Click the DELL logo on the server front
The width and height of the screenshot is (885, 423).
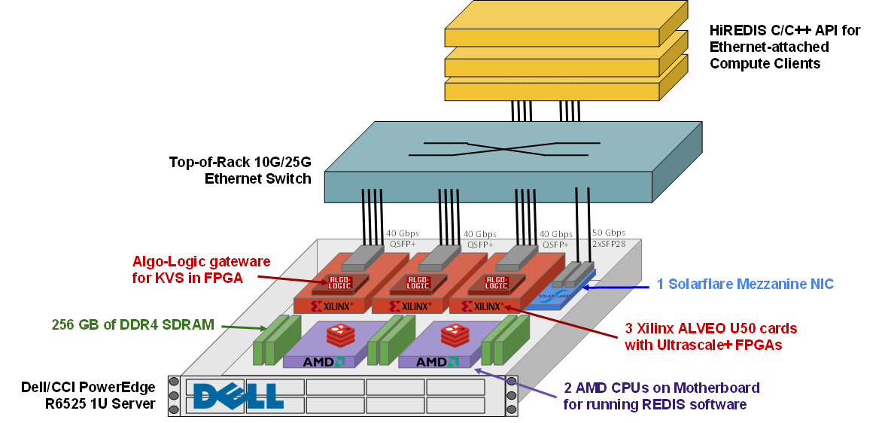(238, 395)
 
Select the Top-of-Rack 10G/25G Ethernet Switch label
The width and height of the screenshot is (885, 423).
(240, 170)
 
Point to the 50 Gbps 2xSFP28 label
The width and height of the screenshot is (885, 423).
(608, 238)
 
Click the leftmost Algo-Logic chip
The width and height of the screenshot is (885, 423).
(340, 284)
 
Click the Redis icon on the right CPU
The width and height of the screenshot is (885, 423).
(455, 332)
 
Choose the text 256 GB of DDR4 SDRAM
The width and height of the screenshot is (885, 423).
(132, 325)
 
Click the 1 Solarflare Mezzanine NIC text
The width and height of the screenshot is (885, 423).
(745, 284)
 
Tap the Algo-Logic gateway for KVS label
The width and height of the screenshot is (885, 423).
(201, 269)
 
